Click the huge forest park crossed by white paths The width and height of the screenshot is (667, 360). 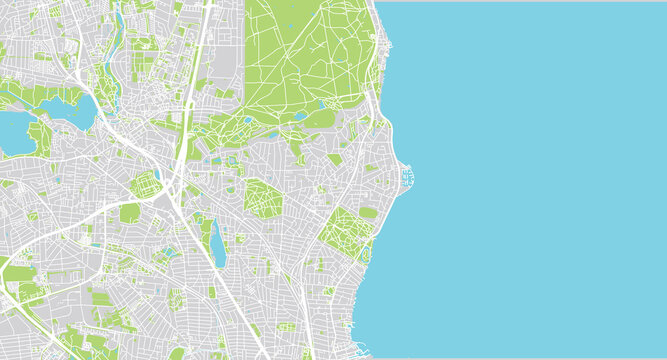tap(300, 60)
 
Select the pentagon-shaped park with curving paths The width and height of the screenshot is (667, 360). tap(262, 198)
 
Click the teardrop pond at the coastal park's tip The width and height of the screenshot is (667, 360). tap(325, 105)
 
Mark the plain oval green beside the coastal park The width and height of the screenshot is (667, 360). tap(369, 213)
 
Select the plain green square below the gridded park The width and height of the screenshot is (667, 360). tap(130, 213)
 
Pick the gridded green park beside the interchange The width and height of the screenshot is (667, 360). tap(146, 184)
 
